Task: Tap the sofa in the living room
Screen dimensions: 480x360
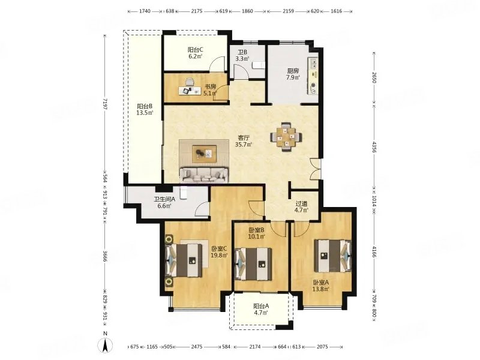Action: [203, 175]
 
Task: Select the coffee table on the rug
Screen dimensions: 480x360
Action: [204, 154]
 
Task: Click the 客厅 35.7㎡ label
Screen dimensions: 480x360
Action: [244, 141]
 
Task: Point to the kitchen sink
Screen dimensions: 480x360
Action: [313, 64]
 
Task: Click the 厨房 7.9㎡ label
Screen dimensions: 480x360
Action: [293, 74]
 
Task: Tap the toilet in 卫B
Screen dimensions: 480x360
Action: [259, 65]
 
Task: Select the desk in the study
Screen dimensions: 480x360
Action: [190, 91]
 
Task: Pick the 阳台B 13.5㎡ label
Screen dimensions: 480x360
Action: [145, 109]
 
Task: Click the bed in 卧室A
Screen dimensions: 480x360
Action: [333, 256]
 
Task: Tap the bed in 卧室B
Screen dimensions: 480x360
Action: [253, 263]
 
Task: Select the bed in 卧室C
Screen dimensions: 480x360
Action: [184, 260]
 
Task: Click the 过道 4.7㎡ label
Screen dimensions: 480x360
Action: [302, 206]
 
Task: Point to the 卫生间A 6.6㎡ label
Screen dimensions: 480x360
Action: [164, 202]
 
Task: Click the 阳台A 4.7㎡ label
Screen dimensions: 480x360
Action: [261, 309]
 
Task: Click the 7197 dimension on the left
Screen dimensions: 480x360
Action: [106, 104]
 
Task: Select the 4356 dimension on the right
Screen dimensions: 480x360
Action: [374, 146]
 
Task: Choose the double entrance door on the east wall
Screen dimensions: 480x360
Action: [314, 169]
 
